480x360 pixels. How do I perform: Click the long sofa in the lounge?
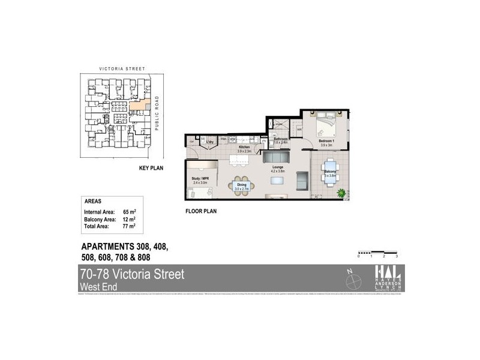point(277,158)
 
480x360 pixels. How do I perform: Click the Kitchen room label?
point(244,147)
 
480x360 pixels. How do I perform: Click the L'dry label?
point(211,142)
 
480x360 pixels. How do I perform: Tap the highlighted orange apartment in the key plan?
point(137,106)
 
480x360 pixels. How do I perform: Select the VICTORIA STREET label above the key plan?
point(119,69)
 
